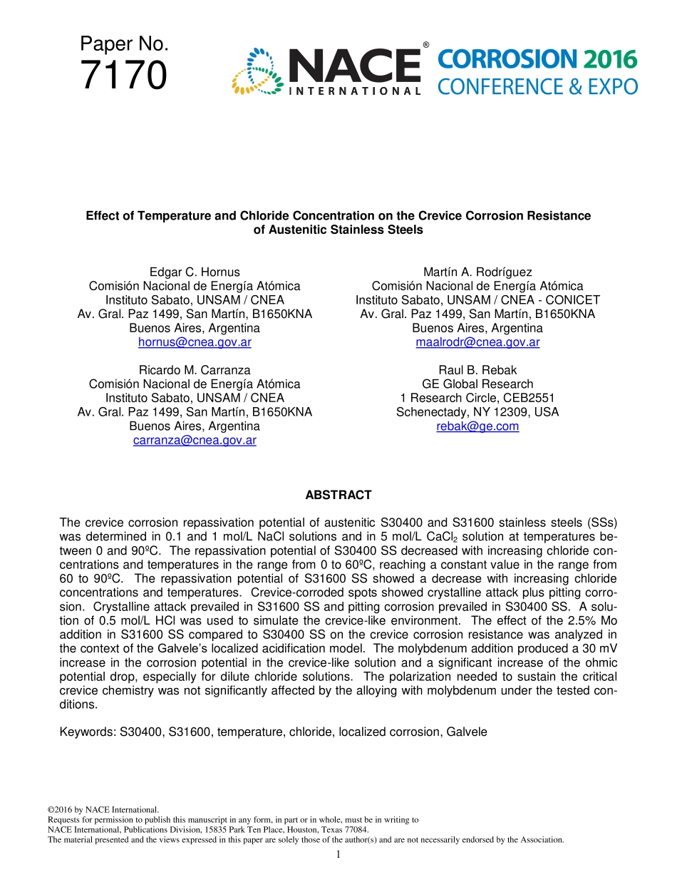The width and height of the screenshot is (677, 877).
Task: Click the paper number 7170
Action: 124,76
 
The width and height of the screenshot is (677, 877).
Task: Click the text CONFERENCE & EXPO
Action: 537,87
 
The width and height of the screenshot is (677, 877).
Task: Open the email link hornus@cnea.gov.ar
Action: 195,342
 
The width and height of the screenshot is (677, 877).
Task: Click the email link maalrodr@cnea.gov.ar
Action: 477,342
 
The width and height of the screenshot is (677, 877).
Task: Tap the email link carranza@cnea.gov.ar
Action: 195,441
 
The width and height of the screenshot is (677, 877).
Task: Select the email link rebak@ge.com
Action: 477,426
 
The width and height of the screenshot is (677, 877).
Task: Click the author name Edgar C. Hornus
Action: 195,272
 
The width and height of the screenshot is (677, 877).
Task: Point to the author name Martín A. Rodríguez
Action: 477,272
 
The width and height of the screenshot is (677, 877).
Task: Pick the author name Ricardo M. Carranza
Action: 195,370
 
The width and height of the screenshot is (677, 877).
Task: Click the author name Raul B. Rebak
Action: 477,370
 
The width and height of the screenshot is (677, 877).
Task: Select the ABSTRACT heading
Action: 338,495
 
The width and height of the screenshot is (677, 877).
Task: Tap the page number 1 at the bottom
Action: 338,854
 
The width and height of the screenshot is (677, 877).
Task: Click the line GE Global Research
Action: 477,384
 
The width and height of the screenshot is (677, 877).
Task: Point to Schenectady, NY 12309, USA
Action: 477,412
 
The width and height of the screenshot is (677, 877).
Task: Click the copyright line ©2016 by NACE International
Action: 103,810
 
